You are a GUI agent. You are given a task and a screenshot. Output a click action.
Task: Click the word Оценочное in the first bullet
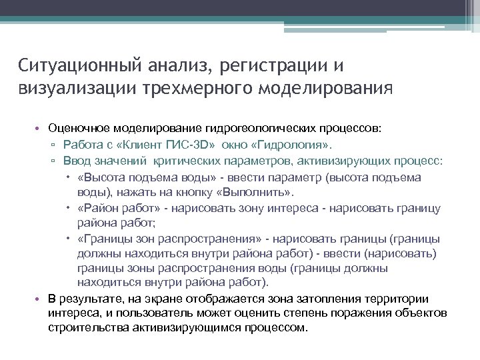pos(77,127)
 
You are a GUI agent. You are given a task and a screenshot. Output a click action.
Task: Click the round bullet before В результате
pos(39,299)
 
